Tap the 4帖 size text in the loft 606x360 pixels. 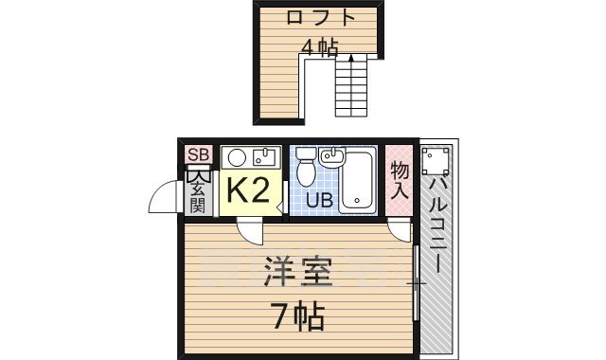click(320, 47)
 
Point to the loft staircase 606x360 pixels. click(352, 87)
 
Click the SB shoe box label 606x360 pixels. click(198, 155)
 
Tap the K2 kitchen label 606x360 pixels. click(248, 191)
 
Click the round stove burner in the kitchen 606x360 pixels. click(237, 156)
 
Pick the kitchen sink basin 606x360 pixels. click(263, 156)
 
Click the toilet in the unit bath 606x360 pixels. click(306, 169)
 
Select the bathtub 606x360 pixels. click(358, 180)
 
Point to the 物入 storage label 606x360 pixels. click(400, 180)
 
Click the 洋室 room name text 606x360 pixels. click(297, 272)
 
